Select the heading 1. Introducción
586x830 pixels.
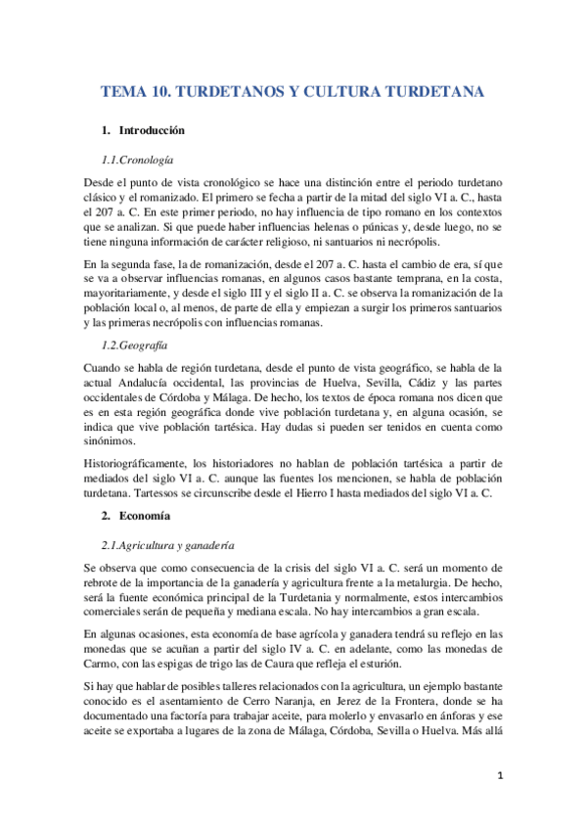coord(144,130)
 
